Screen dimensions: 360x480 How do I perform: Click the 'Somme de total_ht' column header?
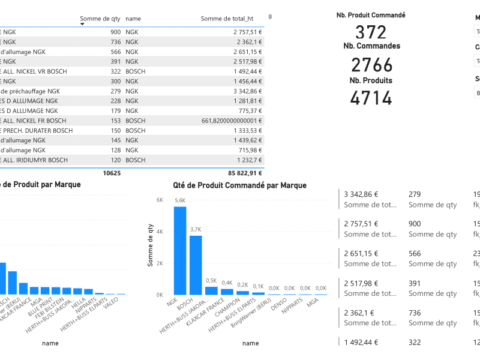click(231, 19)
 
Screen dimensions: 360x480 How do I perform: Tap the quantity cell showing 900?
click(115, 32)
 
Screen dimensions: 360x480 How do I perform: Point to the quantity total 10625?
click(112, 173)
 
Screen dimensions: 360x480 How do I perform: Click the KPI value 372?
click(371, 32)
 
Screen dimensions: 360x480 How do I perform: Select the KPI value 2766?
click(371, 65)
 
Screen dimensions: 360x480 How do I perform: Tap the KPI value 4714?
click(371, 98)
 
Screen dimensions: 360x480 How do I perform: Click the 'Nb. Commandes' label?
click(371, 46)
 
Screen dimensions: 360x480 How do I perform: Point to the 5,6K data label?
click(180, 201)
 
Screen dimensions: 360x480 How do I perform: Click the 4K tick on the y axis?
click(160, 232)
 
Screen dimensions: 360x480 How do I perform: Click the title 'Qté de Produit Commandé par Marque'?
click(239, 185)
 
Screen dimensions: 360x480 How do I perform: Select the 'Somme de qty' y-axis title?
click(151, 245)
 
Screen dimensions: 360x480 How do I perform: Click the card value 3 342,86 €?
click(361, 194)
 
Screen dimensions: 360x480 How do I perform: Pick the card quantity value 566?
click(415, 253)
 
